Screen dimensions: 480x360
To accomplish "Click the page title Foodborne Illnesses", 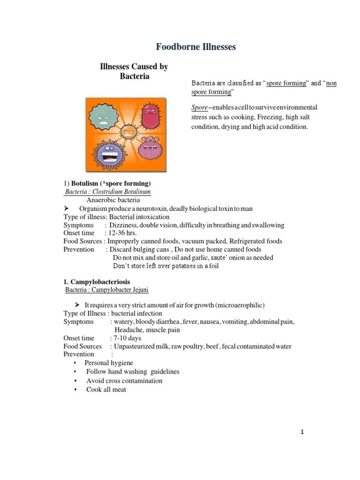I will coord(196,47).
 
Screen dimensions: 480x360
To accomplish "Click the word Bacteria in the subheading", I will coord(134,76).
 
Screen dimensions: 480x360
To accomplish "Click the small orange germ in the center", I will coord(128,132).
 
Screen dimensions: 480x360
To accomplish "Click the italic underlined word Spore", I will coord(199,107).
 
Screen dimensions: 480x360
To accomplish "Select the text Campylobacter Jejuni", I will coord(120,290).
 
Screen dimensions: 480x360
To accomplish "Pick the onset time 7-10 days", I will coord(126,338).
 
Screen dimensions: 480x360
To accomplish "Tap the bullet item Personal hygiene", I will coord(109,363).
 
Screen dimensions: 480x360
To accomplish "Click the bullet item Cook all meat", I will coord(106,390).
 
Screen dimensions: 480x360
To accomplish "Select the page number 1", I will coord(302,432).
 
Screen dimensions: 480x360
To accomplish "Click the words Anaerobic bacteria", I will coord(113,200).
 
